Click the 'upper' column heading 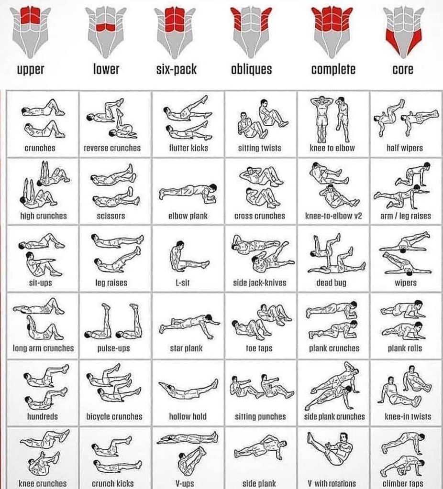coord(31,69)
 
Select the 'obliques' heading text coord(251,69)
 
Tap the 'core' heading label coord(403,69)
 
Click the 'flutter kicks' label coord(188,148)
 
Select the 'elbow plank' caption coord(188,216)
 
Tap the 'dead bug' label coord(331,283)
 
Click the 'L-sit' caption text coord(182,283)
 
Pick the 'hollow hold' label coord(188,416)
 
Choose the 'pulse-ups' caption coord(113,348)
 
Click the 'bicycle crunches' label coord(114,416)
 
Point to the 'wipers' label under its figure coord(406,283)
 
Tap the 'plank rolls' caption coord(405,348)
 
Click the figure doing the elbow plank coord(188,192)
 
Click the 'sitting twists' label coord(259,148)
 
